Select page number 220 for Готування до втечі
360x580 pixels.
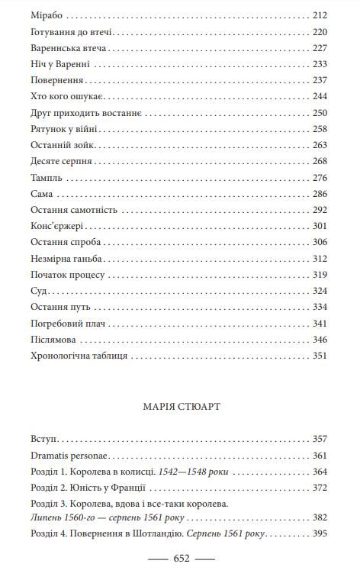point(319,32)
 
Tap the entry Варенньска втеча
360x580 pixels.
point(69,47)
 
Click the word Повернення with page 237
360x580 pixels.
point(56,80)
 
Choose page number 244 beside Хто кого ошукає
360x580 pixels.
point(319,96)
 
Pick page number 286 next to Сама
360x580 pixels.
point(319,194)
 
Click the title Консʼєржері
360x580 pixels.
point(57,226)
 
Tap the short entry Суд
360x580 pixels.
point(39,291)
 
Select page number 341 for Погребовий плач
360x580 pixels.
point(319,323)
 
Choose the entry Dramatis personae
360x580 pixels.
point(69,456)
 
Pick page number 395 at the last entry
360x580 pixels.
point(319,533)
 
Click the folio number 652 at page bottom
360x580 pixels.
point(181,559)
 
